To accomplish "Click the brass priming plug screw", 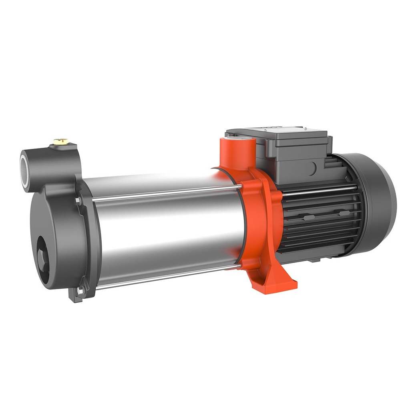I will (x=61, y=141).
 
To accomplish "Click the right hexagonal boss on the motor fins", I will (x=342, y=213).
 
